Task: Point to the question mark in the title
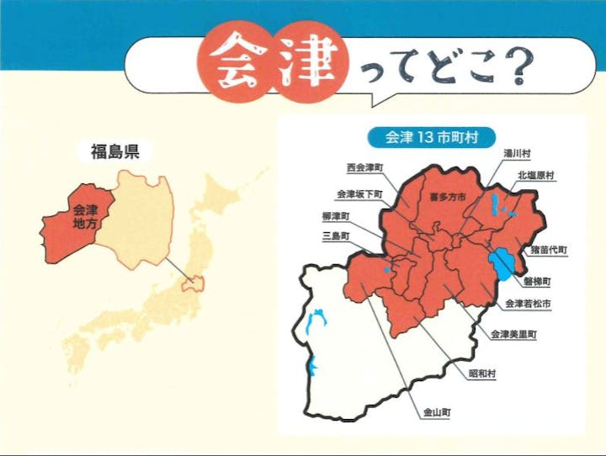pyautogui.click(x=515, y=68)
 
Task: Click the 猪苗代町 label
pyautogui.click(x=548, y=250)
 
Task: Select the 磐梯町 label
pyautogui.click(x=536, y=280)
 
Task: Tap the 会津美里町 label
pyautogui.click(x=514, y=334)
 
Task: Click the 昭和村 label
pyautogui.click(x=481, y=373)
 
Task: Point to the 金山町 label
pyautogui.click(x=436, y=412)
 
